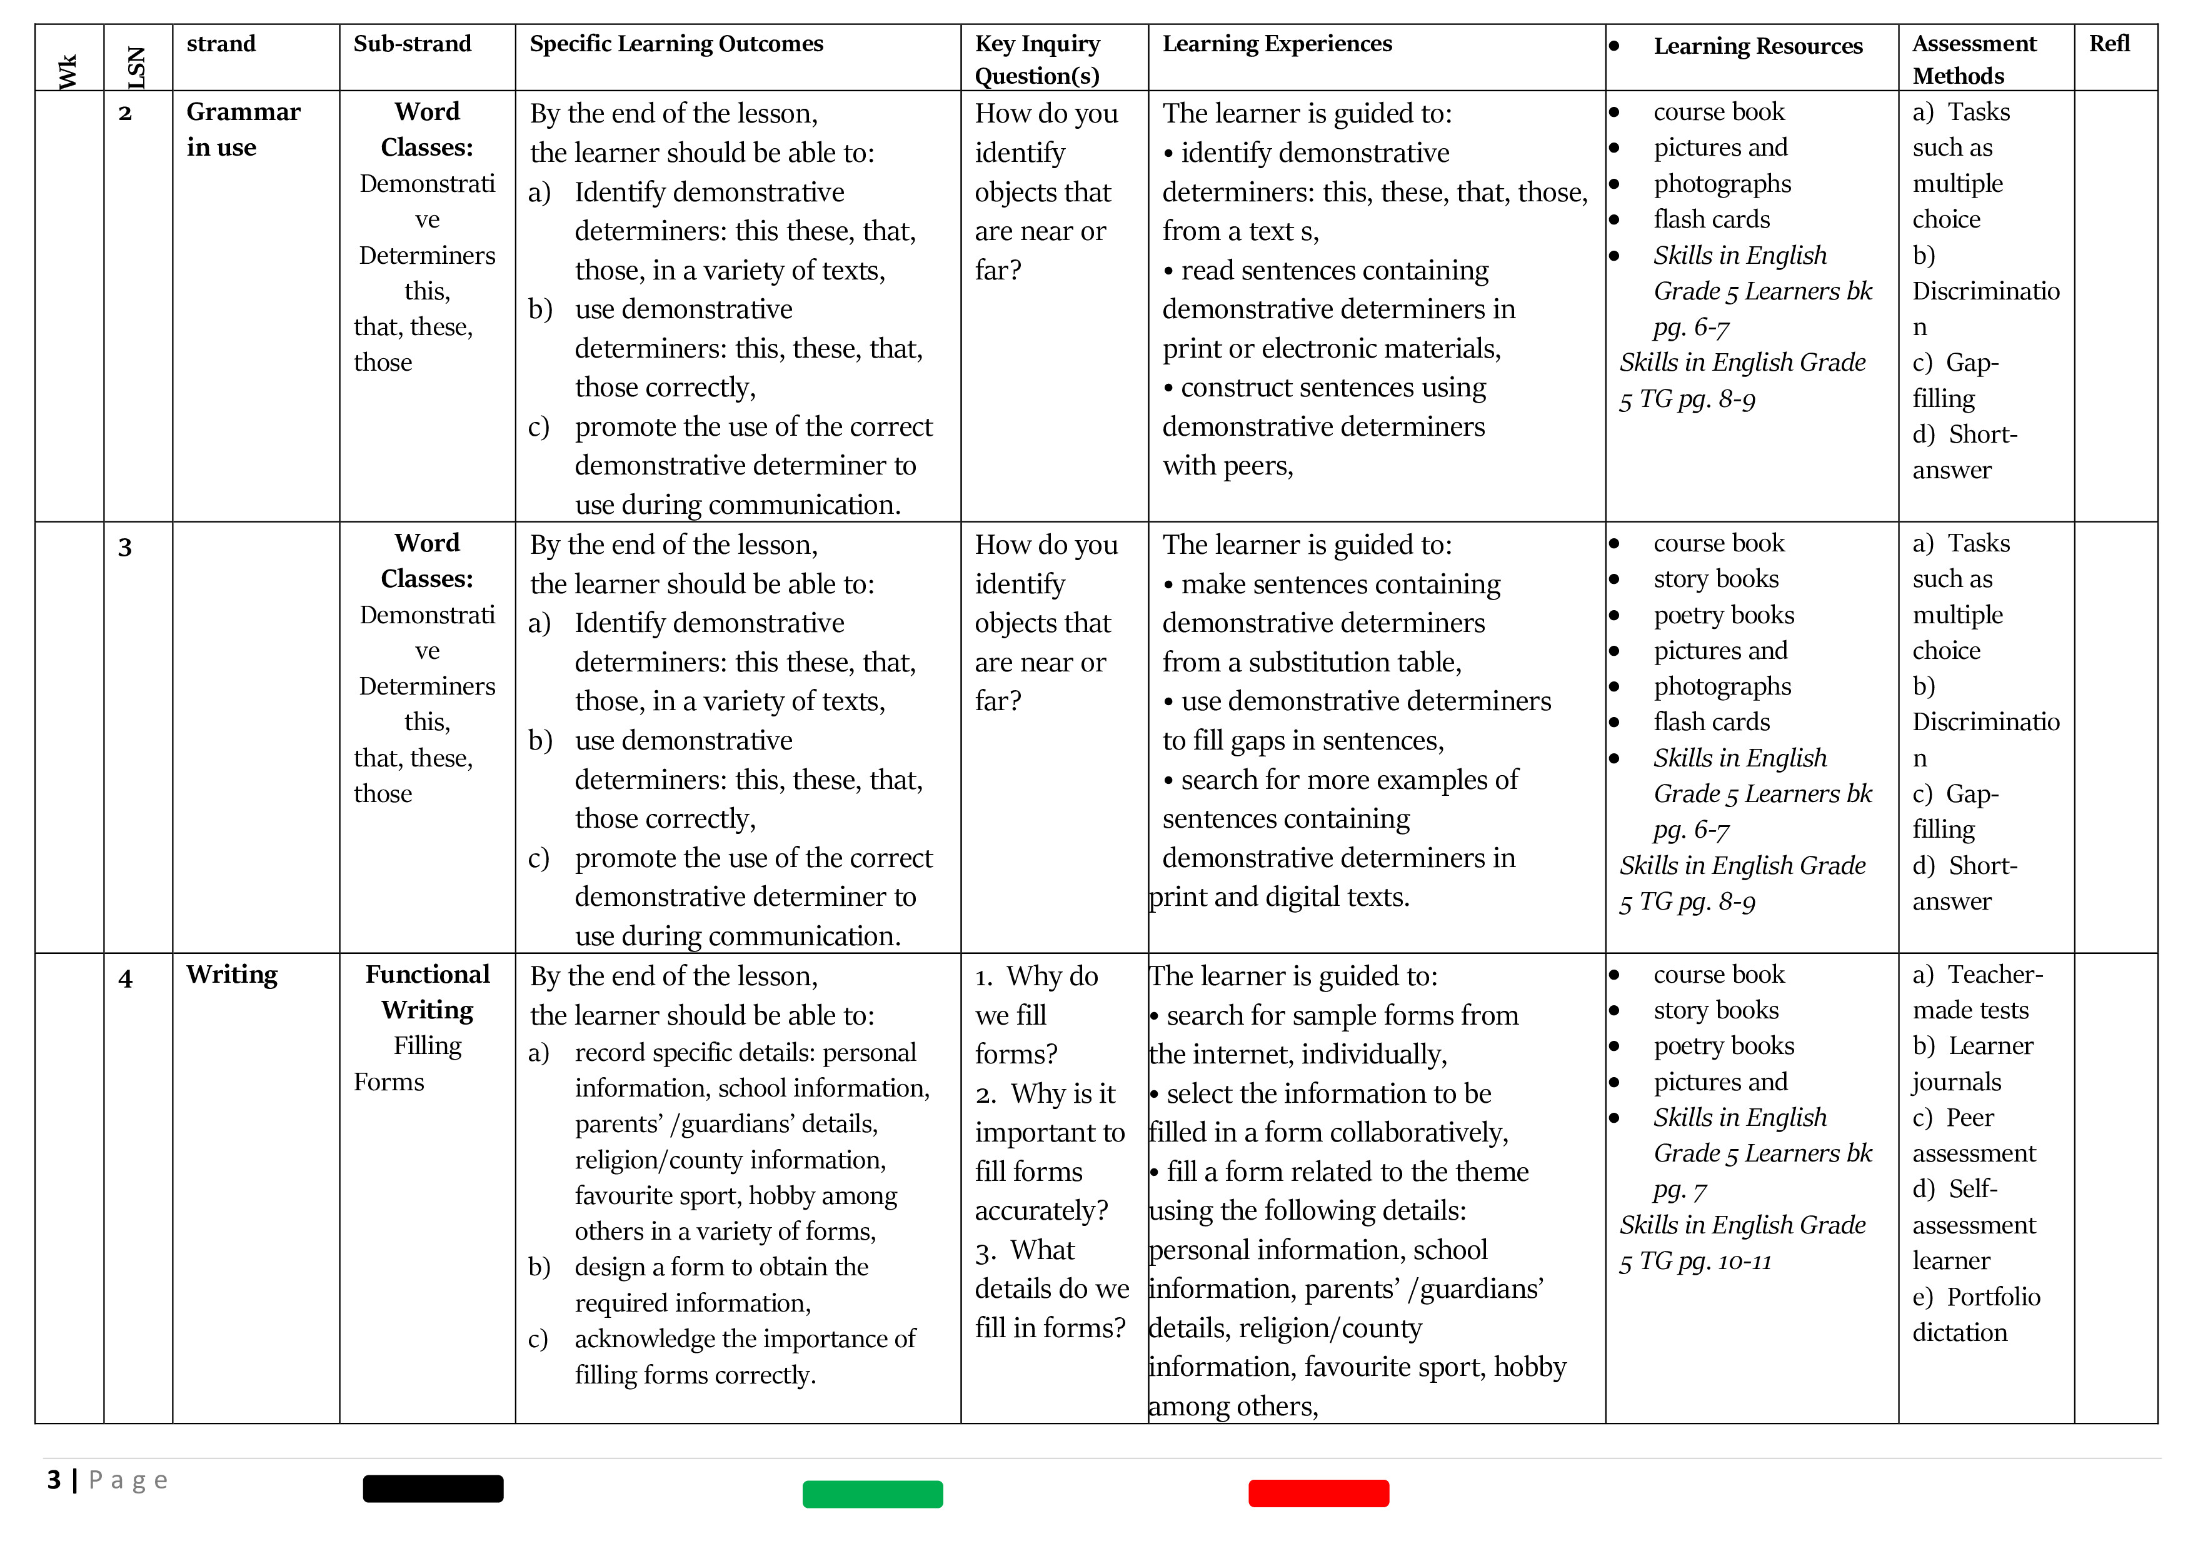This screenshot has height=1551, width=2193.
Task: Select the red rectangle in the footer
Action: pyautogui.click(x=1318, y=1493)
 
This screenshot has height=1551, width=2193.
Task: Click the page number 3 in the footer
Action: pyautogui.click(x=54, y=1479)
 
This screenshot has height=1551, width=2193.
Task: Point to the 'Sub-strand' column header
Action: pyautogui.click(x=412, y=44)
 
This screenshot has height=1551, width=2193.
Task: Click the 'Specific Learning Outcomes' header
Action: pyautogui.click(x=676, y=44)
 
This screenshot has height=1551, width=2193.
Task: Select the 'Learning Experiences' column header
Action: pyautogui.click(x=1277, y=44)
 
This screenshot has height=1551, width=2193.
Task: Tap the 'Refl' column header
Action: pyautogui.click(x=2109, y=44)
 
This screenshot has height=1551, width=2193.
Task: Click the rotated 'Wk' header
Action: pyautogui.click(x=68, y=72)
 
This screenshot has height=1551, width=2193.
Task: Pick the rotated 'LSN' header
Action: pyautogui.click(x=136, y=68)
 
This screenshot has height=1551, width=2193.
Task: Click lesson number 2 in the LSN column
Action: pyautogui.click(x=125, y=114)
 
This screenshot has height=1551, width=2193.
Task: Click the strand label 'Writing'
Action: pyautogui.click(x=231, y=974)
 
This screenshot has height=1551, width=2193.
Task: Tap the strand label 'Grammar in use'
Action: pyautogui.click(x=243, y=129)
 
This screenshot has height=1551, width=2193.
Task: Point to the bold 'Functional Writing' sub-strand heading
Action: pyautogui.click(x=427, y=991)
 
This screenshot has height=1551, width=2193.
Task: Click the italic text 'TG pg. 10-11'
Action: pyautogui.click(x=1705, y=1262)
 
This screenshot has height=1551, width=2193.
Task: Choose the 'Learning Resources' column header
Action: pyautogui.click(x=1757, y=46)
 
